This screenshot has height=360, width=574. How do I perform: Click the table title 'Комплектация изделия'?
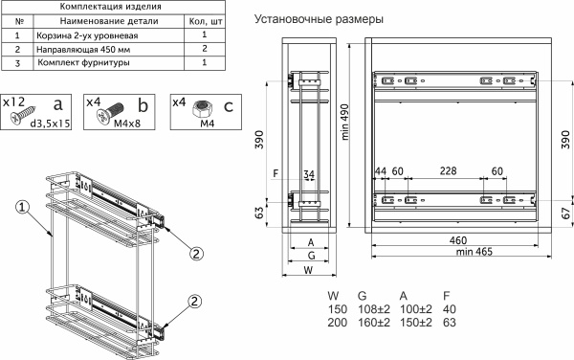click(x=110, y=7)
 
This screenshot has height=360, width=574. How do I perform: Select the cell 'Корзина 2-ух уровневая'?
click(x=87, y=35)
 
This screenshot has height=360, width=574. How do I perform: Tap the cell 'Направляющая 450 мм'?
click(x=83, y=50)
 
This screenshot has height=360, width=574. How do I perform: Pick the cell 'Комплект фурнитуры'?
click(x=83, y=62)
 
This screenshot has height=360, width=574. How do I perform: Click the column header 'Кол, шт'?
click(x=206, y=21)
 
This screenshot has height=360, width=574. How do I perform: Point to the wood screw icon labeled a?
click(x=23, y=114)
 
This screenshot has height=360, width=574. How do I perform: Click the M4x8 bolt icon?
click(x=110, y=112)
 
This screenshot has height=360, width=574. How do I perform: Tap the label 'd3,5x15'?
click(x=50, y=124)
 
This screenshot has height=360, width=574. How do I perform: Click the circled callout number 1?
click(x=22, y=208)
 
